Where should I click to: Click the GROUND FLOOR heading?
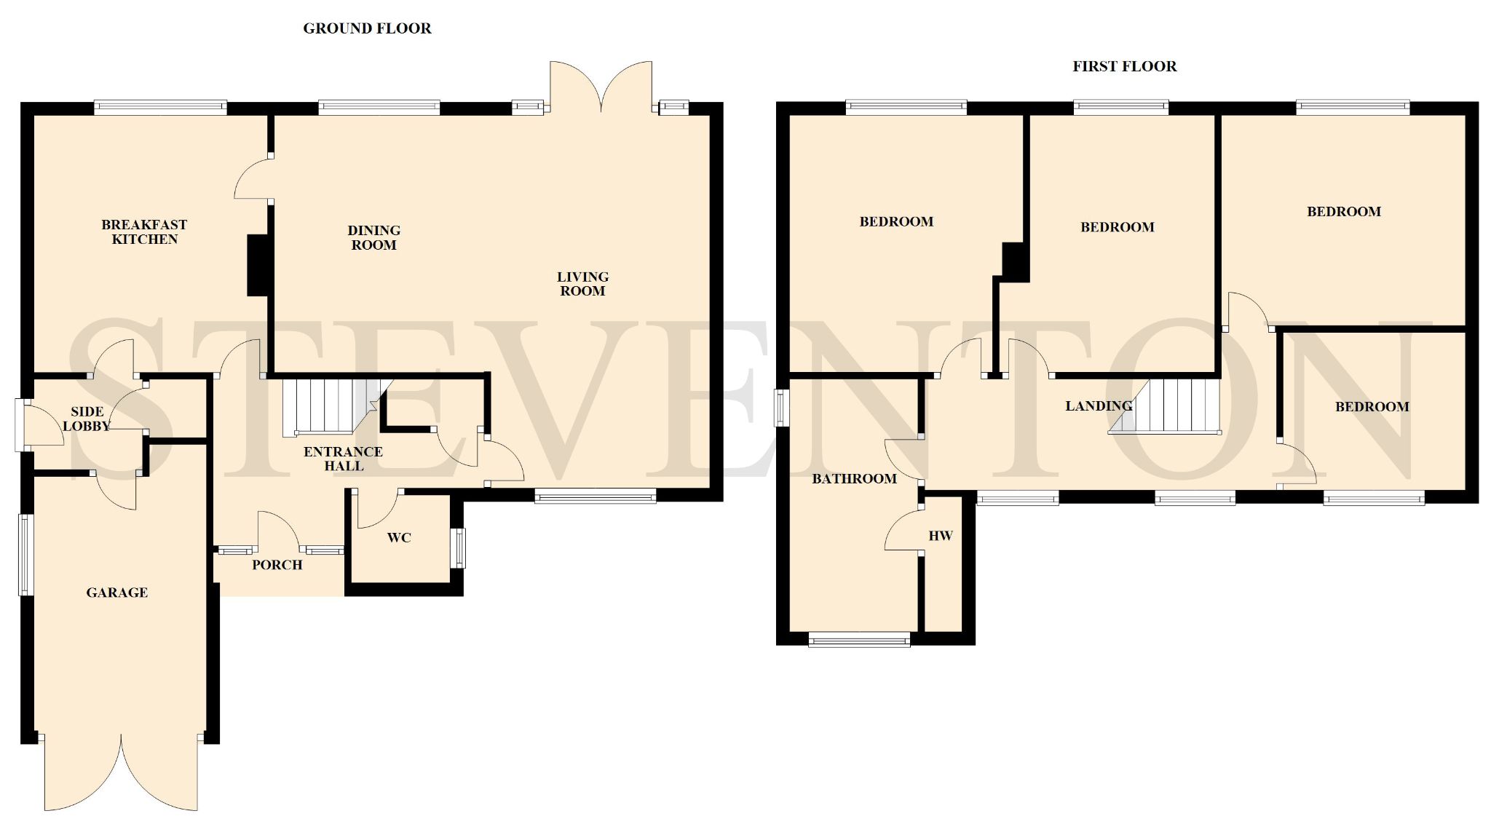[367, 28]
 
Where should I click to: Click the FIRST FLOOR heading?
[1124, 66]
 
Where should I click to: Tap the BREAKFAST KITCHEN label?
[144, 231]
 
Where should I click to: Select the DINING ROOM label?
[373, 237]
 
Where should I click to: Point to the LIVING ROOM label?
[582, 283]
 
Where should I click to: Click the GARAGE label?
[117, 593]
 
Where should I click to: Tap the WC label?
[399, 537]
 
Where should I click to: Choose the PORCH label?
[277, 564]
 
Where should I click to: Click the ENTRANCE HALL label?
[343, 459]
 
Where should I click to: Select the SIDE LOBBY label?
[87, 419]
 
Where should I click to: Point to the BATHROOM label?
[854, 478]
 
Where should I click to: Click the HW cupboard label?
[941, 536]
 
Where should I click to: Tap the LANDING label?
[1099, 405]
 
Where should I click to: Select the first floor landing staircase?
[1165, 406]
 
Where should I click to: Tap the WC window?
[459, 548]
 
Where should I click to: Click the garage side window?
[26, 555]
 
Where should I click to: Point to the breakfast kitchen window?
[161, 108]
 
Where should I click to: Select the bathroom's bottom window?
[859, 640]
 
